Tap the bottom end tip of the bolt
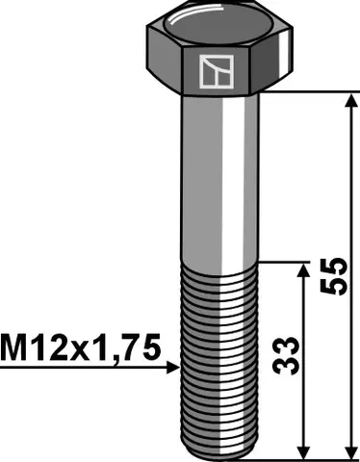point(220,453)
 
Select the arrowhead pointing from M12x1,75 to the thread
point(174,367)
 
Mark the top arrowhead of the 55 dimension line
point(347,99)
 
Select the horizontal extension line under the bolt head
point(308,91)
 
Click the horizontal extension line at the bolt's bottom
point(308,458)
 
